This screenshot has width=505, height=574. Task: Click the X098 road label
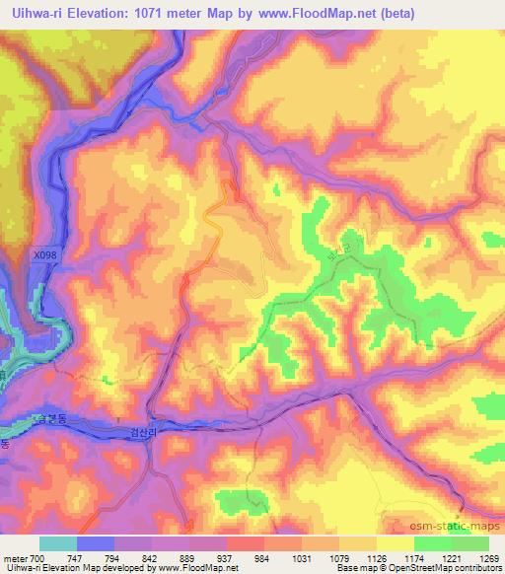(x=44, y=254)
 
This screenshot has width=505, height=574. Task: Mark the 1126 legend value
(x=376, y=558)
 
